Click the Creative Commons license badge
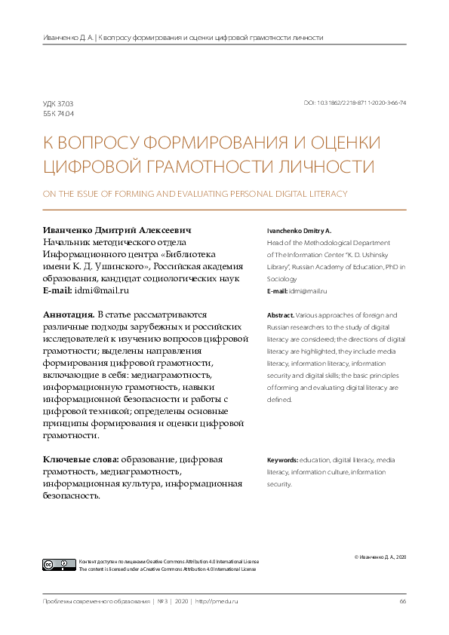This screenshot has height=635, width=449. (x=60, y=565)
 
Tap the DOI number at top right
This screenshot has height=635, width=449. (x=355, y=103)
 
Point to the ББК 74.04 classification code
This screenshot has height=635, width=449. (x=58, y=113)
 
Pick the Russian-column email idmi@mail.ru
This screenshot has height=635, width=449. (x=106, y=290)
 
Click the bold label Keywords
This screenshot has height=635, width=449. (x=283, y=459)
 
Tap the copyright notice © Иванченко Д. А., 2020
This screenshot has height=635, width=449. (x=380, y=557)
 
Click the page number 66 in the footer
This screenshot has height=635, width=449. (x=403, y=601)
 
